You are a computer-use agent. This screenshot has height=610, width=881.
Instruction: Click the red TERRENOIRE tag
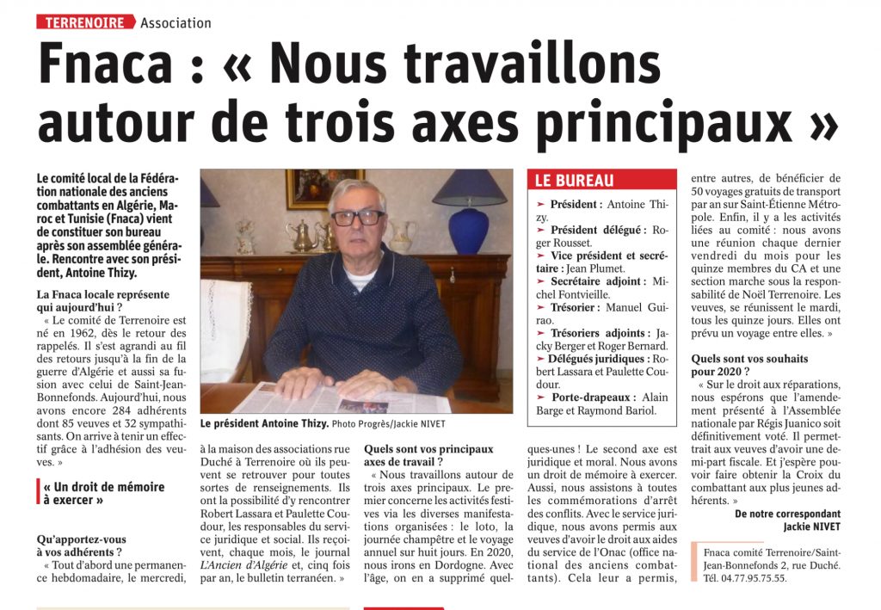(85, 22)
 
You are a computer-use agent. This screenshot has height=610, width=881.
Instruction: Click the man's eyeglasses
(357, 218)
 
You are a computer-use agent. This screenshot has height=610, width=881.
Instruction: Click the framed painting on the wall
(313, 188)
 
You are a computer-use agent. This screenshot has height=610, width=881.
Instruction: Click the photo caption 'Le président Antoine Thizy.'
(263, 424)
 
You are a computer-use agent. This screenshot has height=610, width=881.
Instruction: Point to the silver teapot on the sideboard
(303, 237)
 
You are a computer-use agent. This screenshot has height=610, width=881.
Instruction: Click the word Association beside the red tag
(176, 23)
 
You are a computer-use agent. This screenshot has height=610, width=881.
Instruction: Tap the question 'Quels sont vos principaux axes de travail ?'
(428, 455)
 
